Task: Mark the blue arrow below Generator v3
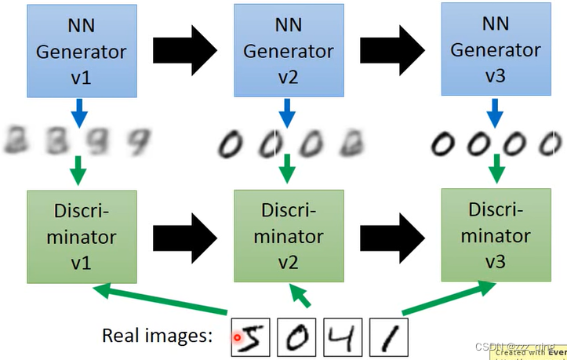coord(496,115)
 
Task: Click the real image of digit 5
coord(250,336)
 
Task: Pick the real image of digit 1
coord(388,336)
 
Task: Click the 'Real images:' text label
coord(158,336)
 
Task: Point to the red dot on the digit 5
coord(237,338)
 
